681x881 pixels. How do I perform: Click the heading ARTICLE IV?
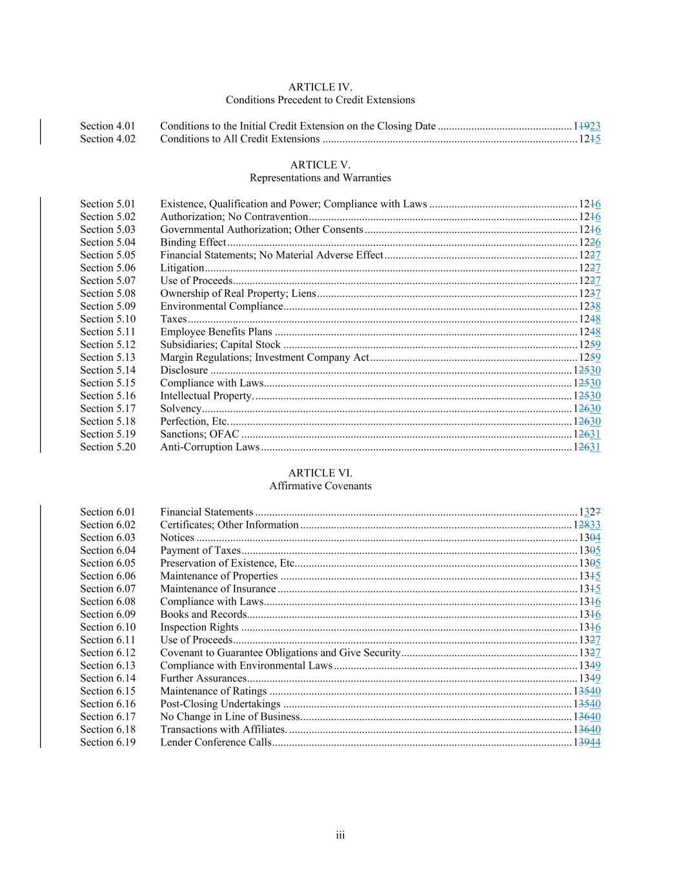point(320,87)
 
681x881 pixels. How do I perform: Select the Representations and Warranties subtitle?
point(320,177)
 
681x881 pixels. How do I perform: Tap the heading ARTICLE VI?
point(320,473)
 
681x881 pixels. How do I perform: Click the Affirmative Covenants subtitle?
point(320,486)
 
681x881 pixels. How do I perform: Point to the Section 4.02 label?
point(108,139)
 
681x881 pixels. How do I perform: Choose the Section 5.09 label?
point(108,306)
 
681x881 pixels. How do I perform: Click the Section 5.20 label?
point(108,447)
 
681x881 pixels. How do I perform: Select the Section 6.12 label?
point(108,653)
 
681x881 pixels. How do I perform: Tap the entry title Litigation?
point(182,268)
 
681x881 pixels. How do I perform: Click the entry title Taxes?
point(173,319)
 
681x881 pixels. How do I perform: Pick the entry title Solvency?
point(181,409)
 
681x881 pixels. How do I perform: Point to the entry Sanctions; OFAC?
point(199,434)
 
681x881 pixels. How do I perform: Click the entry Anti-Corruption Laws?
point(210,447)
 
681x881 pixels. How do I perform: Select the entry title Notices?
point(177,537)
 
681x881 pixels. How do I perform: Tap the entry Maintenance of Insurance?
point(218,589)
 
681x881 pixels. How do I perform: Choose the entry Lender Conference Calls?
point(216,742)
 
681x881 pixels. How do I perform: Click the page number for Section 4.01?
point(587,127)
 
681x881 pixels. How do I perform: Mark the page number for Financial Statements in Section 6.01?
point(590,512)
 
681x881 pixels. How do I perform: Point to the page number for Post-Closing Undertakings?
point(587,704)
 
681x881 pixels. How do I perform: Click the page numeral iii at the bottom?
point(340,835)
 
